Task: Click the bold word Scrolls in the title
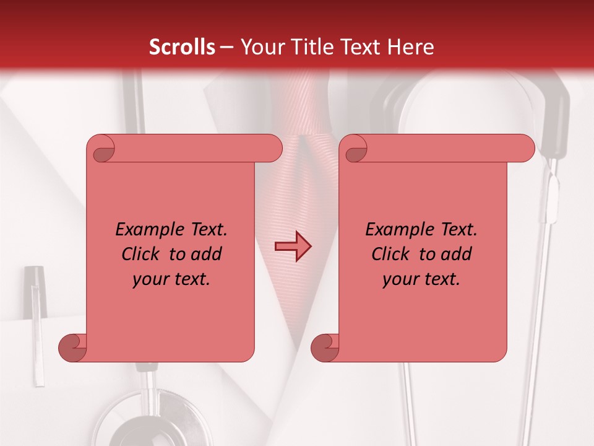click(182, 47)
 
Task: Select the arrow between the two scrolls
click(293, 247)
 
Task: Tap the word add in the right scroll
click(457, 255)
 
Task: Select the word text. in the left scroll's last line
click(191, 280)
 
